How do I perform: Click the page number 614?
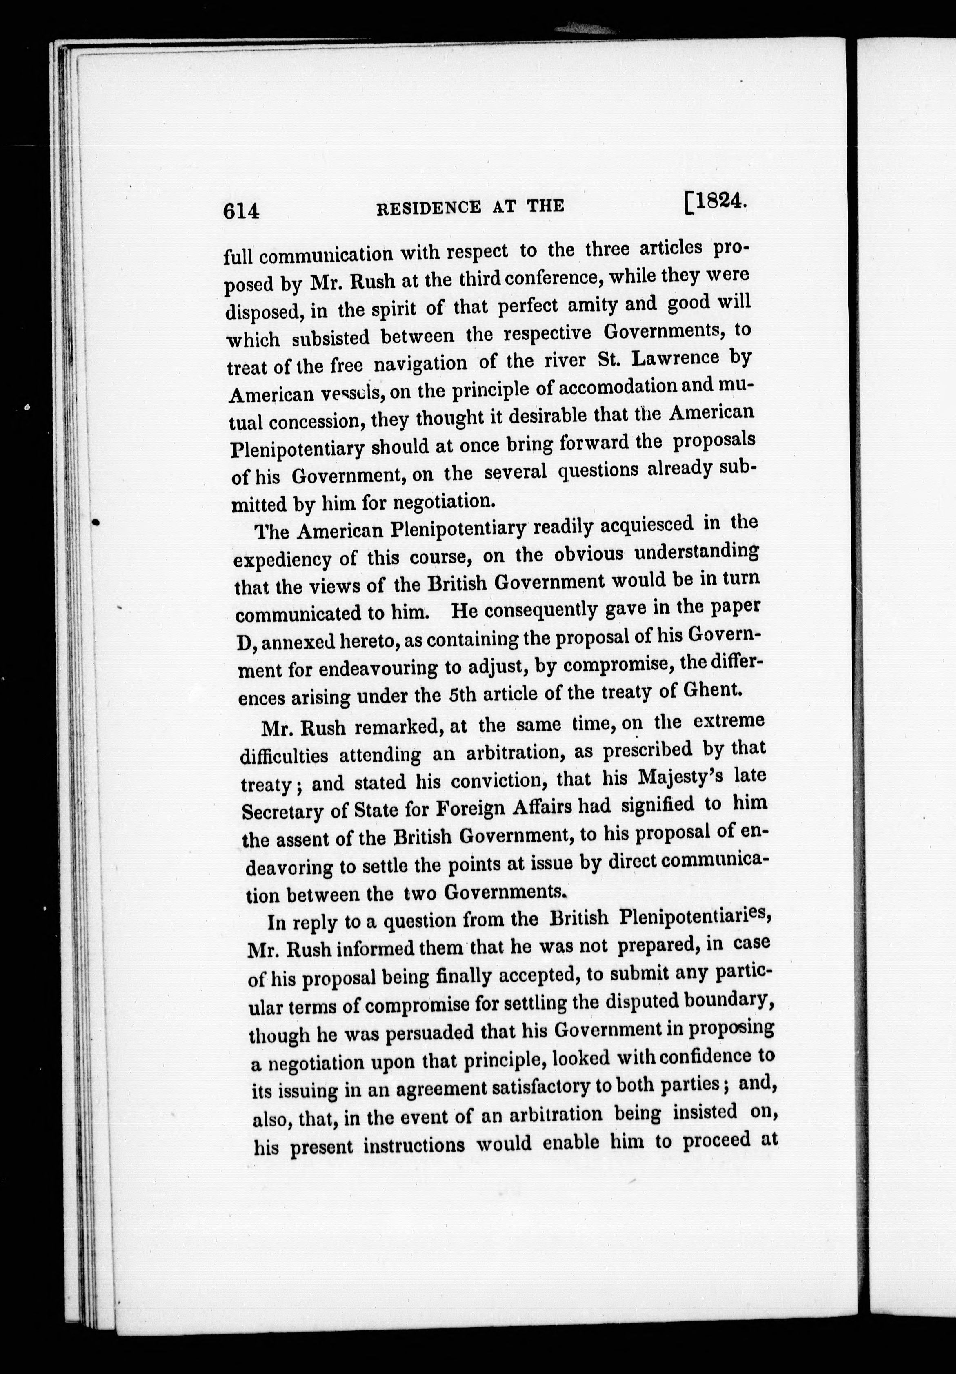(x=241, y=210)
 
